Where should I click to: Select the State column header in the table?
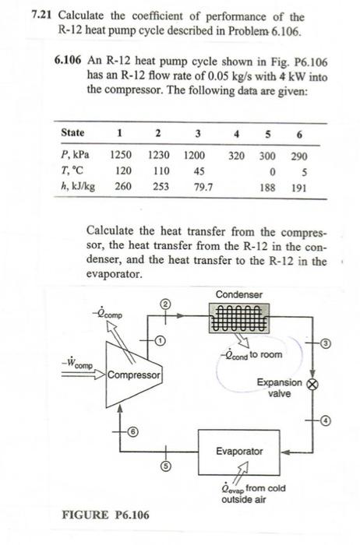click(73, 132)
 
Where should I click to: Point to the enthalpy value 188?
click(270, 188)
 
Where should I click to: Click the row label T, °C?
click(73, 171)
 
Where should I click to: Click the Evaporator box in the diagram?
click(239, 451)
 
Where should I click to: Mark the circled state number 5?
click(165, 467)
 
